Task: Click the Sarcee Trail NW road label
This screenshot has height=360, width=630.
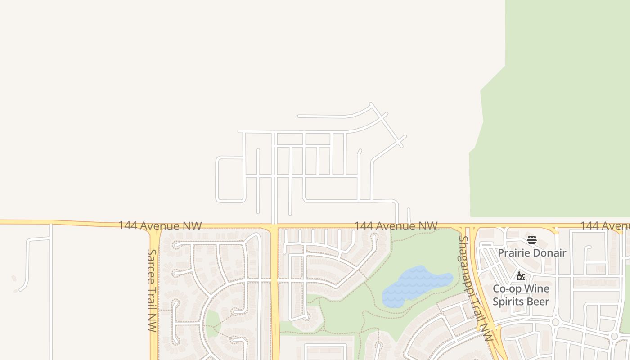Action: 152,290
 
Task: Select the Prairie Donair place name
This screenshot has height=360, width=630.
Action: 532,253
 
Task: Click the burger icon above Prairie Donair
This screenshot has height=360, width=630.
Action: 532,240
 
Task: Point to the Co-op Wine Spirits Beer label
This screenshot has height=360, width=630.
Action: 521,295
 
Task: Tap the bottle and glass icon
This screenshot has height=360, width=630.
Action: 521,276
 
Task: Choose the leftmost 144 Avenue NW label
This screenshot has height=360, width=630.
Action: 160,225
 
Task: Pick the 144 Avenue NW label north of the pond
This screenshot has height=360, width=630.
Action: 396,225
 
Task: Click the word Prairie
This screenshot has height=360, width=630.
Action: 513,253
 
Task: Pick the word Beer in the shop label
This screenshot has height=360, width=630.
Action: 539,301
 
